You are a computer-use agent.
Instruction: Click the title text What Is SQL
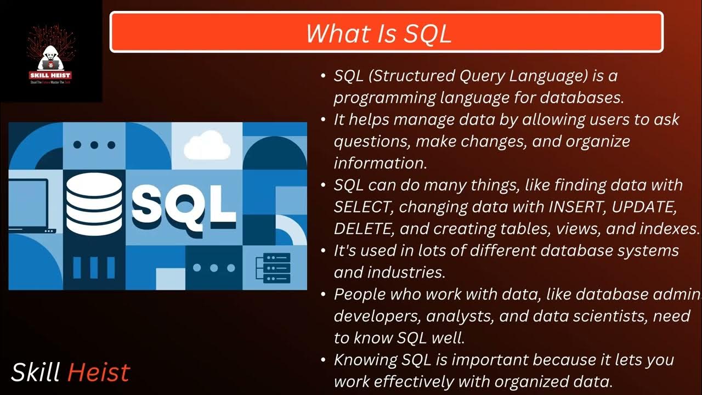coord(379,33)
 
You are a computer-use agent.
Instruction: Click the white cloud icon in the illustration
coord(207,146)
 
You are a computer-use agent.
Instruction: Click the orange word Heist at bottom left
coord(99,373)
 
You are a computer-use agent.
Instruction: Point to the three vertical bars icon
coord(94,267)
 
